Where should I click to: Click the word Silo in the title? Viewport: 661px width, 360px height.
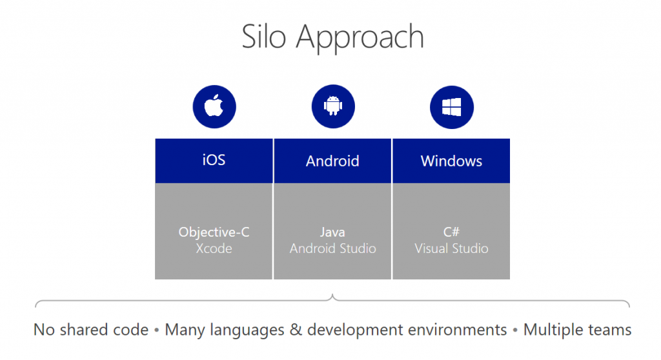[263, 37]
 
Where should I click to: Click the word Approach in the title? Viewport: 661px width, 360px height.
[360, 39]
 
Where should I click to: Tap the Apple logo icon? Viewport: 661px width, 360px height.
[214, 106]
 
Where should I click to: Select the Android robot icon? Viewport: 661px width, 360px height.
[333, 106]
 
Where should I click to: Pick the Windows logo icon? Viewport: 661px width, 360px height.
[451, 107]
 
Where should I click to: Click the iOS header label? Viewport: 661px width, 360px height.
[214, 160]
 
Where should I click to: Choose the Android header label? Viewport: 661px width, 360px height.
[332, 161]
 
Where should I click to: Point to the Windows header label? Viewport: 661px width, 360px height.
[451, 161]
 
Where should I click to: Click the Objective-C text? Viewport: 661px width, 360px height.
[214, 232]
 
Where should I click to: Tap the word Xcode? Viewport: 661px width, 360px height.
[214, 248]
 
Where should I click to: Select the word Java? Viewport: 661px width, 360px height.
[332, 232]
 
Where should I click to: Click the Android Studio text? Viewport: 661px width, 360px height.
[332, 248]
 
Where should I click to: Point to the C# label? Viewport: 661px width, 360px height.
[451, 232]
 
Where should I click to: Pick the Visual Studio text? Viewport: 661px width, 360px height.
[451, 248]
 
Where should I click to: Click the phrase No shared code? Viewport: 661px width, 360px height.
[91, 330]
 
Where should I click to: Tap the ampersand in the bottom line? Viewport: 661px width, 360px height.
[296, 330]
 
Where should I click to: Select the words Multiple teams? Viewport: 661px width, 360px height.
[577, 330]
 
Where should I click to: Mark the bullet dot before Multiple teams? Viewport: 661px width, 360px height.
[515, 330]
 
